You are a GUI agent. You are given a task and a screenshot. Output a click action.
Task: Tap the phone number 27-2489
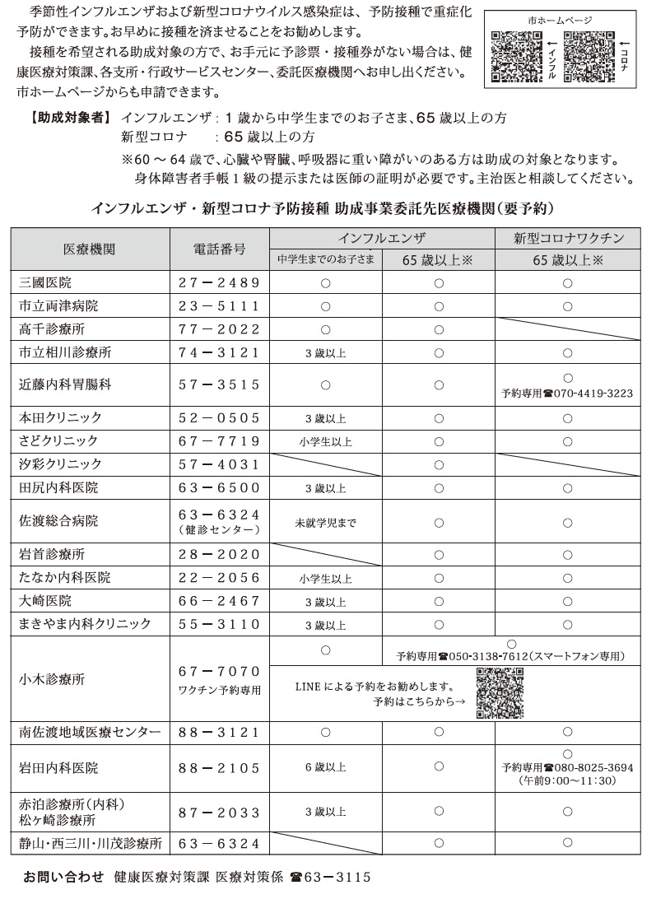pyautogui.click(x=219, y=282)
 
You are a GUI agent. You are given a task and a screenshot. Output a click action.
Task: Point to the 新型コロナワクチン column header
pyautogui.click(x=567, y=238)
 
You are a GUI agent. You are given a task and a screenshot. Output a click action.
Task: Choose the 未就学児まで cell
pyautogui.click(x=326, y=522)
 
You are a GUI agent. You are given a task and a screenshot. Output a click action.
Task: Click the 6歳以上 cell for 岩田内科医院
pyautogui.click(x=325, y=767)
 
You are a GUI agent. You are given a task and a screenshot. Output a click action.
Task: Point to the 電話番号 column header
pyautogui.click(x=219, y=248)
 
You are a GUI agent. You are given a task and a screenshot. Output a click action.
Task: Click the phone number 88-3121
pyautogui.click(x=219, y=731)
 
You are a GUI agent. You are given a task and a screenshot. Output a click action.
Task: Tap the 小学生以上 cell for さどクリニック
pyautogui.click(x=325, y=441)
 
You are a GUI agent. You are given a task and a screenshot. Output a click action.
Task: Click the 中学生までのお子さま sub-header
pyautogui.click(x=326, y=259)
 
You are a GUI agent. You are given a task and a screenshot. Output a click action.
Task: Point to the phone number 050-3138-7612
pyautogui.click(x=487, y=656)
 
